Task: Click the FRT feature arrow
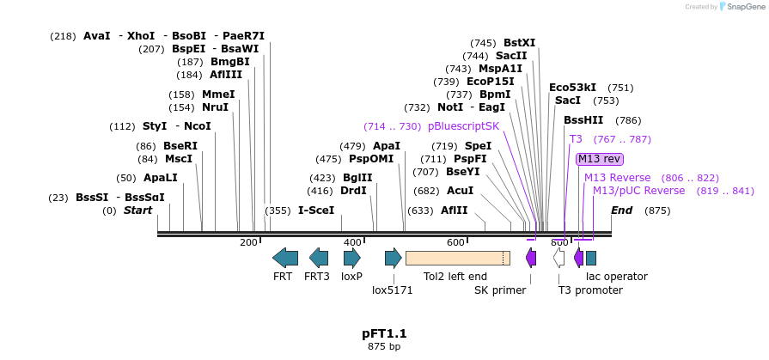[x=285, y=257]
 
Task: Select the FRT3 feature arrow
[x=319, y=257]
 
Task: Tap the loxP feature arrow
[x=352, y=257]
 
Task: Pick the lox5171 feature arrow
[x=394, y=257]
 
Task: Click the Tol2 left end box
[x=457, y=257]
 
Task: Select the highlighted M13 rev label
[x=599, y=159]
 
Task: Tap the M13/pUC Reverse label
[x=639, y=191]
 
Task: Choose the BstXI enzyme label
[x=519, y=43]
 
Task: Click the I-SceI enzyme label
[x=316, y=211]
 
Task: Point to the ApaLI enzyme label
[x=160, y=178]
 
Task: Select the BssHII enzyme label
[x=583, y=120]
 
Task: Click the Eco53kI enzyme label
[x=573, y=88]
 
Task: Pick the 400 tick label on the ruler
[x=352, y=243]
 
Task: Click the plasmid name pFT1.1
[x=384, y=333]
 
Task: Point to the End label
[x=621, y=211]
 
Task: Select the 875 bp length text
[x=384, y=346]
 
